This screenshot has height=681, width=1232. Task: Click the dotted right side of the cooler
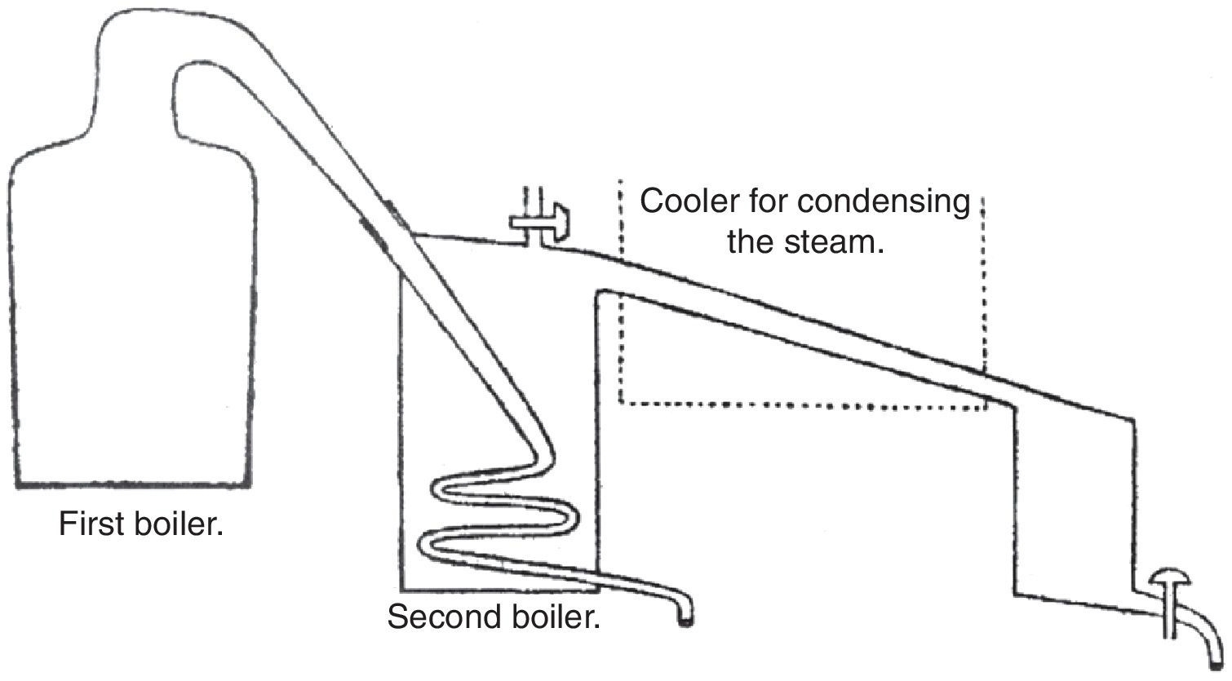coord(982,285)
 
